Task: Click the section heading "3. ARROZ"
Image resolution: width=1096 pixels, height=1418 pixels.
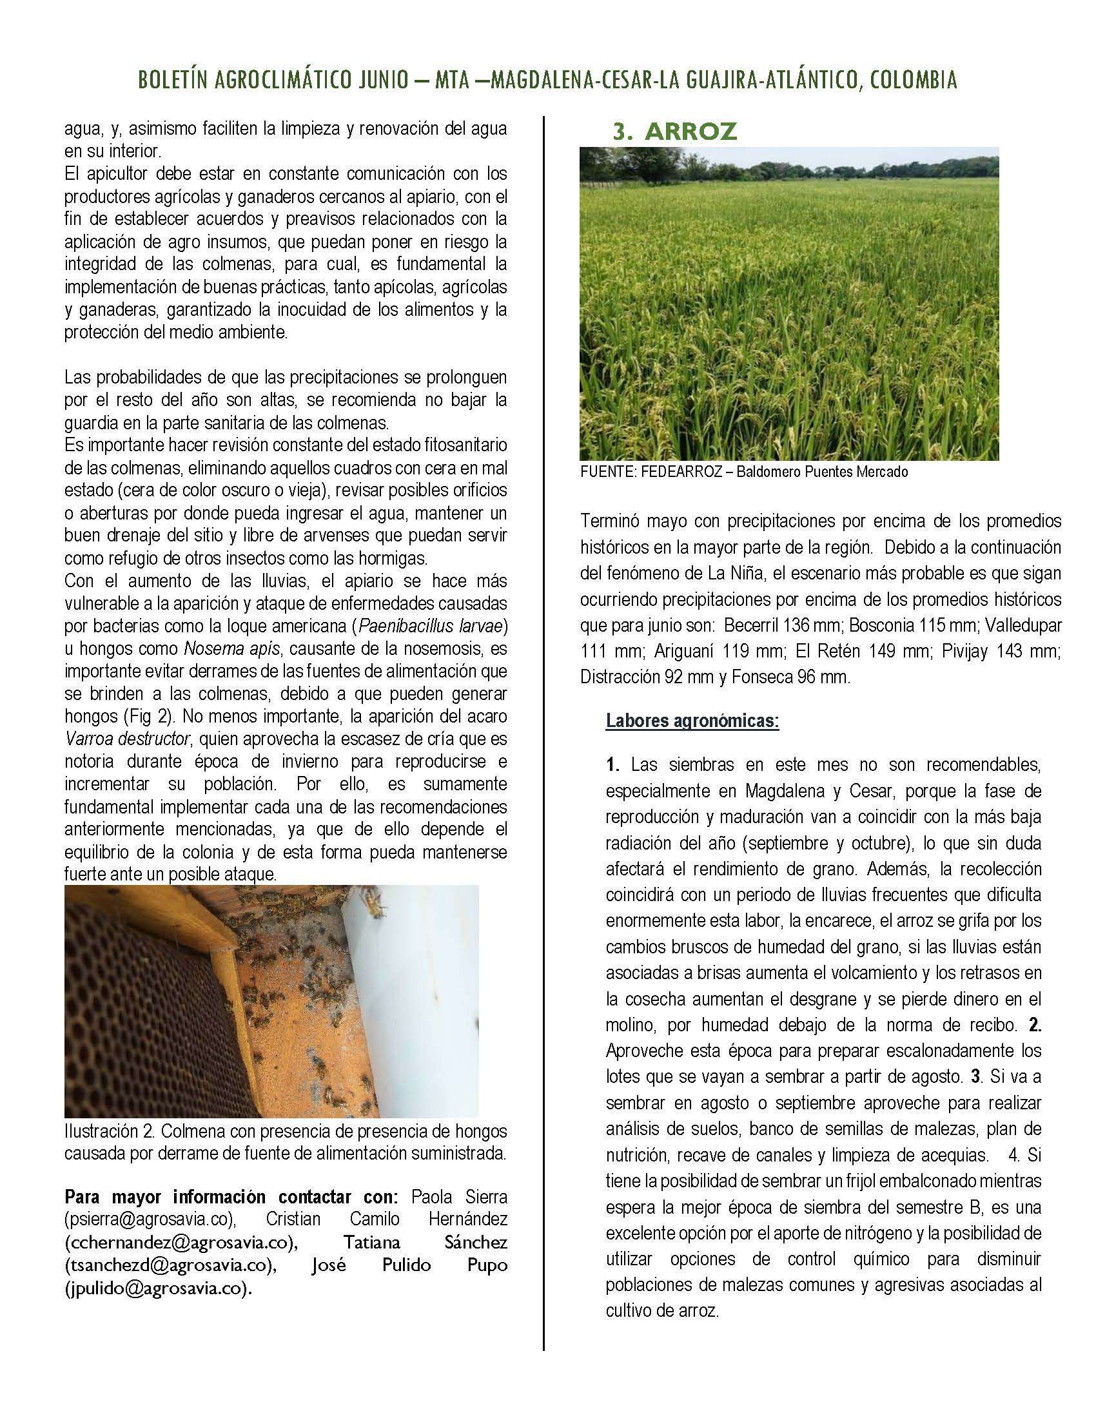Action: coord(674,131)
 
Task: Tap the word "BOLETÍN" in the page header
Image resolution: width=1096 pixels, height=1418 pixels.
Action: coord(171,80)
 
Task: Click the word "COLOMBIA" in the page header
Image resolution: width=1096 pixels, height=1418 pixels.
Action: coord(913,80)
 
